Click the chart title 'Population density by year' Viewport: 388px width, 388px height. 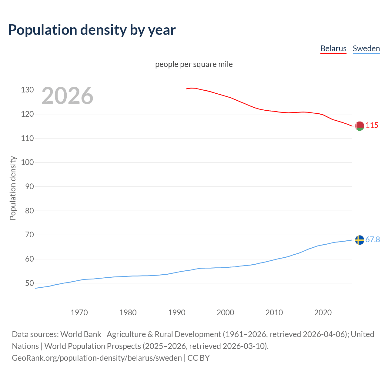pos(92,30)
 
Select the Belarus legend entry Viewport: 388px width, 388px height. pos(333,48)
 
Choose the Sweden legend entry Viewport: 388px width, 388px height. pos(366,48)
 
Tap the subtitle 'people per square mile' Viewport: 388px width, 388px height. pos(194,64)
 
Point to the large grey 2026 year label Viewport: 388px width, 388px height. pos(67,96)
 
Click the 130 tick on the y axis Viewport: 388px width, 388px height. pos(27,90)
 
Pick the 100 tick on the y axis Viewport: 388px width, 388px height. pos(27,162)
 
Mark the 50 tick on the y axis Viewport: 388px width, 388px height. pos(29,283)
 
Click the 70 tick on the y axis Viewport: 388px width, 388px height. pos(29,235)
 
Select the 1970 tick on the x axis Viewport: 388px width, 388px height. pos(79,313)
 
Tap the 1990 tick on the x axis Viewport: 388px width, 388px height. pos(177,313)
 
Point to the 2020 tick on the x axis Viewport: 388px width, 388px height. pos(323,313)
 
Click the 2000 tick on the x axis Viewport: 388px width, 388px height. pos(225,313)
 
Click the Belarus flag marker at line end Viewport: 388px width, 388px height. pos(360,126)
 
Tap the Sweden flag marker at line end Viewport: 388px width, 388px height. pos(360,240)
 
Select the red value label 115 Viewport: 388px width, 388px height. pos(372,125)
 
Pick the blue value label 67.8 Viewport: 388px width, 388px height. pos(373,239)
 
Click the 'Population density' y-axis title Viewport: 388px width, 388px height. pos(13,188)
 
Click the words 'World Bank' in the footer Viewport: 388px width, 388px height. pos(81,334)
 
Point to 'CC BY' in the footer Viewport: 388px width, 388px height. pos(199,358)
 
